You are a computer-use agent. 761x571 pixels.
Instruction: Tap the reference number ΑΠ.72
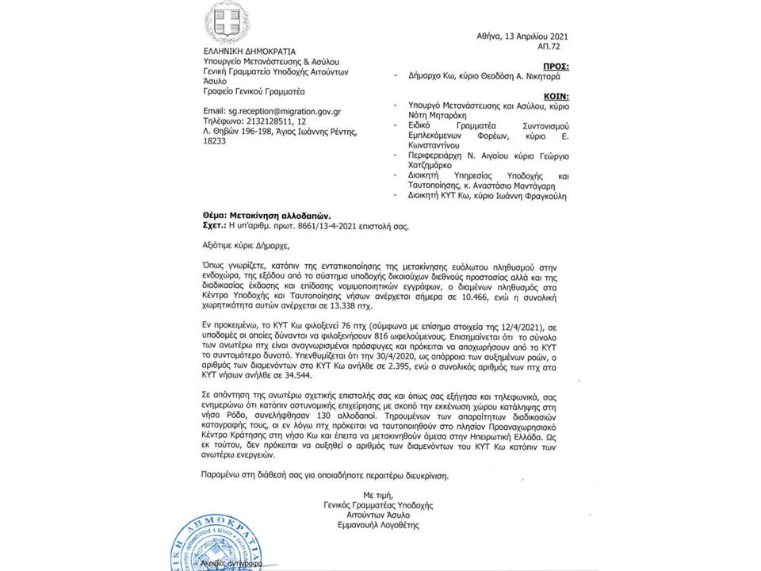(556, 48)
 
